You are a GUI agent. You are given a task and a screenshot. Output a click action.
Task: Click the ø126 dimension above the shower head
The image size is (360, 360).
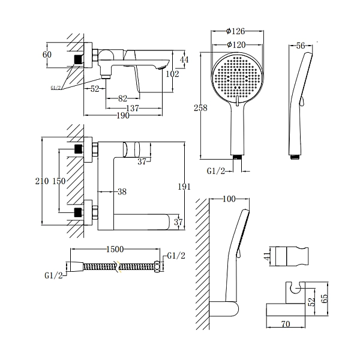(x=236, y=31)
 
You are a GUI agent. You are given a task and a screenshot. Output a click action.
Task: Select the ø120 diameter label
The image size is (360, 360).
(x=238, y=44)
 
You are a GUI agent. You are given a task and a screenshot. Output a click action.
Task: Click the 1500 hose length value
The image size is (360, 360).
(x=114, y=249)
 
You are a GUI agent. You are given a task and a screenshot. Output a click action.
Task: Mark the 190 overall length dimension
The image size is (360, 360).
(x=123, y=116)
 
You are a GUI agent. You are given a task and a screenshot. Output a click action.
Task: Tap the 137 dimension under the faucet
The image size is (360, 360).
(x=134, y=108)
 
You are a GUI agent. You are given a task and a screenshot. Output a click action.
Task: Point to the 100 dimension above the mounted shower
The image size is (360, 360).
(x=229, y=199)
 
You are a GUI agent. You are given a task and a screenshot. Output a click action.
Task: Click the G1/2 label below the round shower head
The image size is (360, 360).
(x=216, y=171)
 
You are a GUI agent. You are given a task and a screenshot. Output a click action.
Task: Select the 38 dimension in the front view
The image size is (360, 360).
(x=121, y=193)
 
